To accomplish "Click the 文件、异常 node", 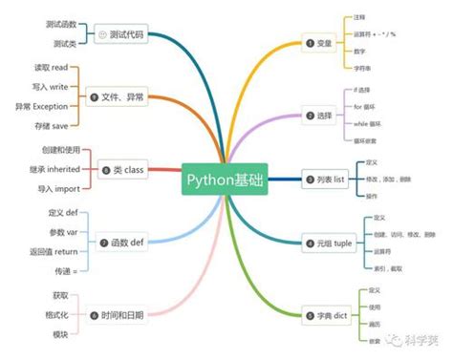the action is point(119,97).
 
